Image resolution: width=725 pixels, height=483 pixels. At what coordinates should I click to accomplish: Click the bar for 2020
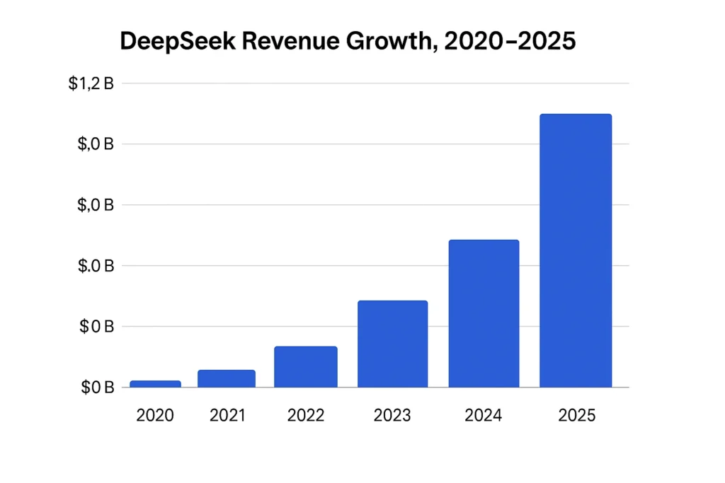click(x=155, y=384)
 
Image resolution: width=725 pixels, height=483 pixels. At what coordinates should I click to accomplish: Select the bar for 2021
click(x=227, y=378)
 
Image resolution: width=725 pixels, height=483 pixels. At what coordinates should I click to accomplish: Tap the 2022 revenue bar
click(x=306, y=367)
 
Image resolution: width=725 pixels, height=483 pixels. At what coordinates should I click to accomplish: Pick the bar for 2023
click(x=392, y=344)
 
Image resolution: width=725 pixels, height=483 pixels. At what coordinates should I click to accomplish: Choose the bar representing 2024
click(x=484, y=314)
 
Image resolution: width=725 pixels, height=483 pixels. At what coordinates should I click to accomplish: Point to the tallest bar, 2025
click(x=575, y=251)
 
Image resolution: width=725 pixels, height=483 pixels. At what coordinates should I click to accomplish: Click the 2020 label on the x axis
click(x=155, y=416)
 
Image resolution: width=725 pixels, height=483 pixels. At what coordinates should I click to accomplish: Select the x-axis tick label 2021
click(x=227, y=416)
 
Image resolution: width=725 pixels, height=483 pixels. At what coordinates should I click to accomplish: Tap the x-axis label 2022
click(x=306, y=416)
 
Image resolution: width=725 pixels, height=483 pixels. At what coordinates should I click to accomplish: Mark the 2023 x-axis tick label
click(x=392, y=416)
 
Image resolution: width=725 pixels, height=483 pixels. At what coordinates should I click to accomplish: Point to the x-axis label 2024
click(x=484, y=416)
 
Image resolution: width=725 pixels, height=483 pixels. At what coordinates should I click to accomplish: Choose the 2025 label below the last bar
click(x=577, y=416)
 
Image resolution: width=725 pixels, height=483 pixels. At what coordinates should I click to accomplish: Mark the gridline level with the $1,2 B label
click(x=375, y=83)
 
